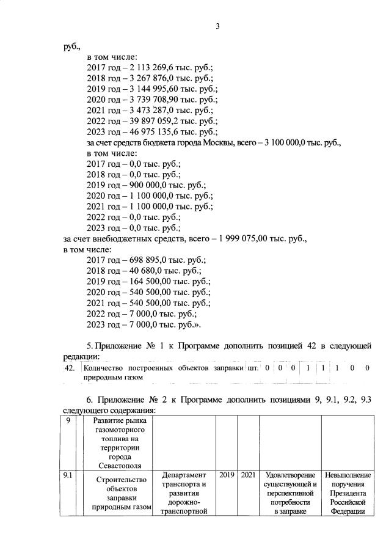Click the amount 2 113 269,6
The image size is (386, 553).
pyautogui.click(x=151, y=68)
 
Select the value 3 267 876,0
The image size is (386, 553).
pyautogui.click(x=151, y=78)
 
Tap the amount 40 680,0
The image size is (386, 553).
pyautogui.click(x=144, y=271)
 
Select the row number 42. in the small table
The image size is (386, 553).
pyautogui.click(x=70, y=368)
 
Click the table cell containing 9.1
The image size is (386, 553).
pyautogui.click(x=67, y=474)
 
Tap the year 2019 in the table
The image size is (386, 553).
pyautogui.click(x=227, y=474)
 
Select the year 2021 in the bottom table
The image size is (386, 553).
pyautogui.click(x=247, y=474)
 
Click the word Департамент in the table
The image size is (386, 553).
pyautogui.click(x=184, y=474)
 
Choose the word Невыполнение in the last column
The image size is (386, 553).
pyautogui.click(x=349, y=474)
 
